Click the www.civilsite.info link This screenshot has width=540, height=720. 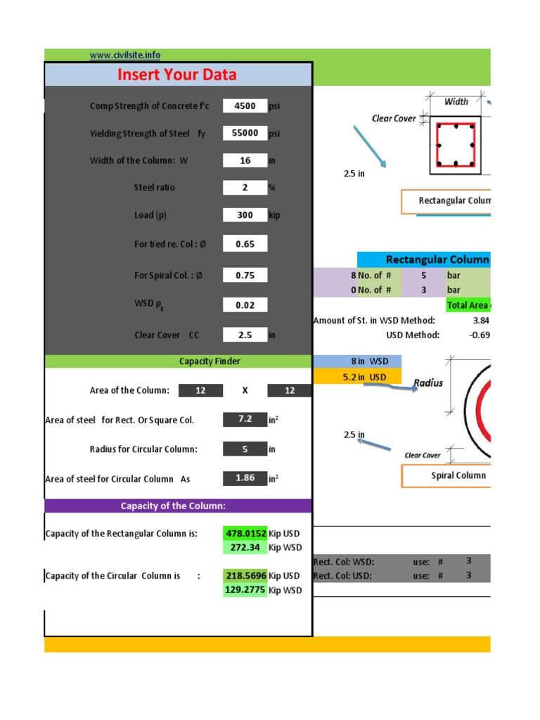[x=125, y=56]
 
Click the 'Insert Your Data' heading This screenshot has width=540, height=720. [x=176, y=75]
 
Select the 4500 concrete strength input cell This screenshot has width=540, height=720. [x=245, y=106]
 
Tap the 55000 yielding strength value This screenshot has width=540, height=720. [x=245, y=133]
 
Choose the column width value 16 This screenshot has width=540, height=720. [x=245, y=160]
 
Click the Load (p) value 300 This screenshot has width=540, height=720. [x=245, y=215]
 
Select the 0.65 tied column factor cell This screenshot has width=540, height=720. [x=245, y=244]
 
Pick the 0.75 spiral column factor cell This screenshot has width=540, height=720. [x=245, y=276]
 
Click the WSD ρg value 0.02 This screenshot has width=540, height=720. [x=245, y=305]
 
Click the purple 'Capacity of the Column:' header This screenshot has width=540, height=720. [x=178, y=506]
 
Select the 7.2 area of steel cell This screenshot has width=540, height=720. [x=245, y=420]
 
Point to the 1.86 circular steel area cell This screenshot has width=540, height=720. [x=245, y=479]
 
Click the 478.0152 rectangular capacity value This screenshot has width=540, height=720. [x=245, y=534]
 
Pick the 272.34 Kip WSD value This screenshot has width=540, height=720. [x=245, y=547]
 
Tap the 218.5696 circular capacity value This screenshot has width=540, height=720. [x=245, y=576]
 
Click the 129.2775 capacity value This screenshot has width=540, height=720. [x=245, y=590]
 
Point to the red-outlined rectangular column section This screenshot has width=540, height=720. [x=456, y=145]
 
